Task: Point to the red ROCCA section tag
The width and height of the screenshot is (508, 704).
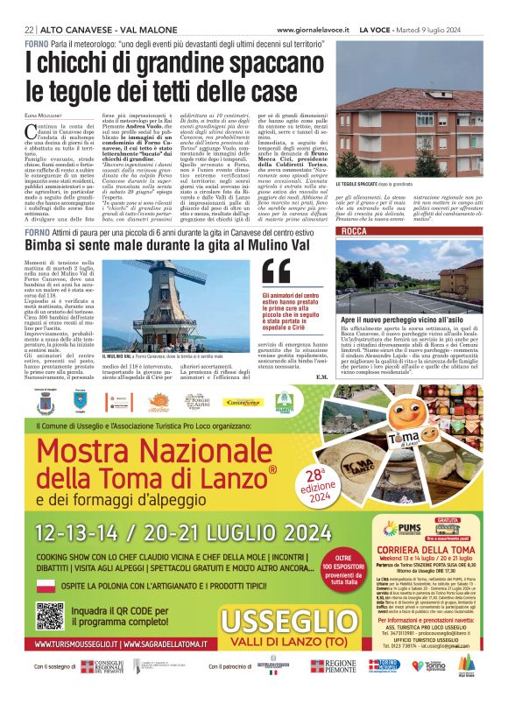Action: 355,231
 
